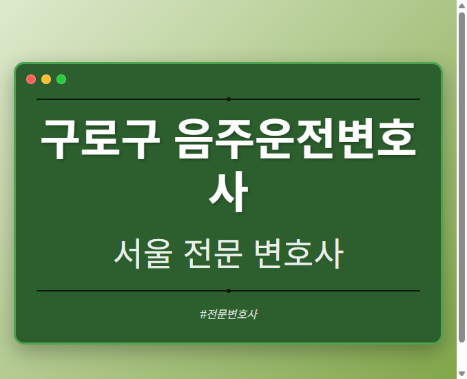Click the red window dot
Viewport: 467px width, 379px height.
pos(31,79)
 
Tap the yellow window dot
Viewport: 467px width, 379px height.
pos(46,79)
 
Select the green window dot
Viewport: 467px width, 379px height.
pos(61,79)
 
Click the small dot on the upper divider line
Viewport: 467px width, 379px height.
pos(229,99)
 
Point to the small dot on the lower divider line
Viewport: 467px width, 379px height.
pos(229,291)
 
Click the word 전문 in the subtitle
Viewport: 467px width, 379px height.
pos(214,254)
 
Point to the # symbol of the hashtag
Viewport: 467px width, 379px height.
pos(204,314)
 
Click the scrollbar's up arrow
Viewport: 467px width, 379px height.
pos(461,6)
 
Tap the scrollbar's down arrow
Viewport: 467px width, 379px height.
pos(461,373)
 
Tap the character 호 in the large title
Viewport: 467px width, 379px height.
pos(395,140)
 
